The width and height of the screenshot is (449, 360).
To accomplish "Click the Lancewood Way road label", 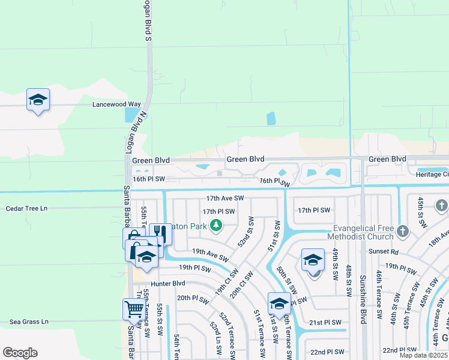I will [x=116, y=104].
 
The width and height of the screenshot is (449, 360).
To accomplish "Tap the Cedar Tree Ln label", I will [x=26, y=208].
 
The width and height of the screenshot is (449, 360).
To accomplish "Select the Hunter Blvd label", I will [x=168, y=283].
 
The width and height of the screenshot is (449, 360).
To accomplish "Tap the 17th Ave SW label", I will [x=224, y=197].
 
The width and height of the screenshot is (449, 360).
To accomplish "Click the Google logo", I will [x=20, y=353].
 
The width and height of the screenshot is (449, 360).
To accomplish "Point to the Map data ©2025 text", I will [x=423, y=355].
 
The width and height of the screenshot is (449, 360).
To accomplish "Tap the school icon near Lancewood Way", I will [x=38, y=100].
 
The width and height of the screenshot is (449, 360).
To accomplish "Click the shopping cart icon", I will [x=133, y=310].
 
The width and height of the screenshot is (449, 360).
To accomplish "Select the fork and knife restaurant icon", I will [x=160, y=233].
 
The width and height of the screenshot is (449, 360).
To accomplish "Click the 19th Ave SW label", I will [x=210, y=256].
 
